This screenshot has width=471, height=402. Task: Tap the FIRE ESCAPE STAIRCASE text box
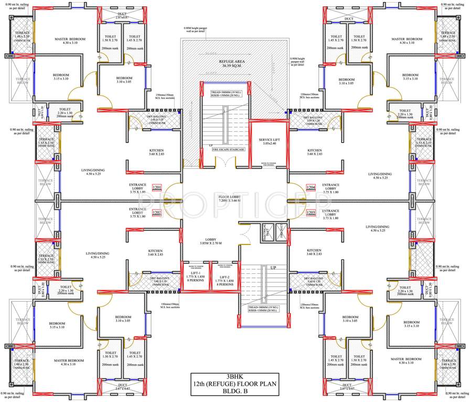[229, 150]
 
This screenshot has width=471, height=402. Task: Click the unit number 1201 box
[156, 187]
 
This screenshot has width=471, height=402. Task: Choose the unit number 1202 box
[156, 213]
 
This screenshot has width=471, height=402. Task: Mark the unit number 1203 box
[311, 213]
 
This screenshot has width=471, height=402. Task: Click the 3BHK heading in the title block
[235, 376]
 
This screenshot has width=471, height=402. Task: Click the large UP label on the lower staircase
[273, 267]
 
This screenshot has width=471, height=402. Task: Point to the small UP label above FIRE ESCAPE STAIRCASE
[211, 144]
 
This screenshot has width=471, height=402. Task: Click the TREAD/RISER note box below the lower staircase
[264, 307]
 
